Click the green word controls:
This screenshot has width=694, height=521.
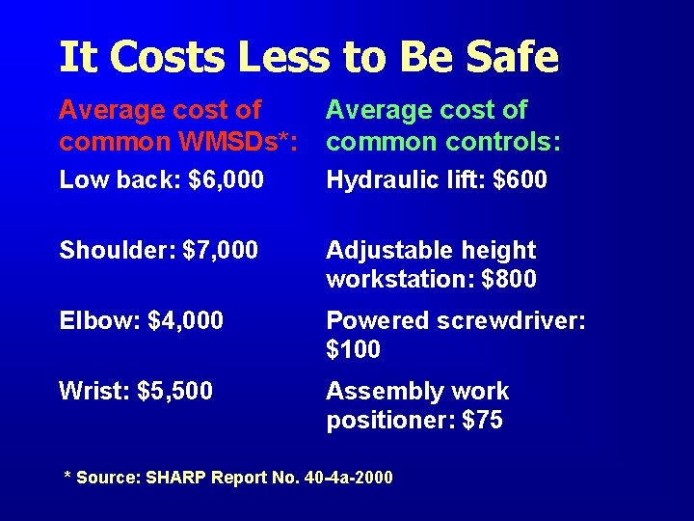pos(504,143)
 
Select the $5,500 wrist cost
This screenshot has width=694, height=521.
pos(175,392)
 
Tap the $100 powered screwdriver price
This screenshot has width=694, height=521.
pos(354,349)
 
